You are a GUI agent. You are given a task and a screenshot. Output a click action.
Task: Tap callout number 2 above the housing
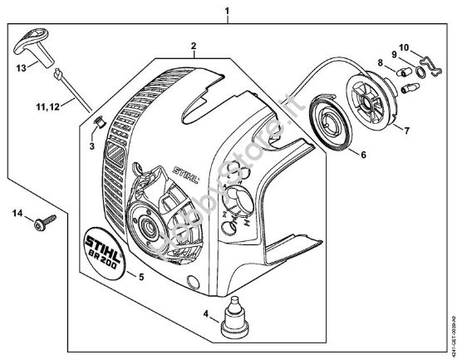[192, 46]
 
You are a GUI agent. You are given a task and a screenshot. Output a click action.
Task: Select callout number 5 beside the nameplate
[140, 277]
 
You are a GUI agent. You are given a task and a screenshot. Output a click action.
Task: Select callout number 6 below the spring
[362, 153]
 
